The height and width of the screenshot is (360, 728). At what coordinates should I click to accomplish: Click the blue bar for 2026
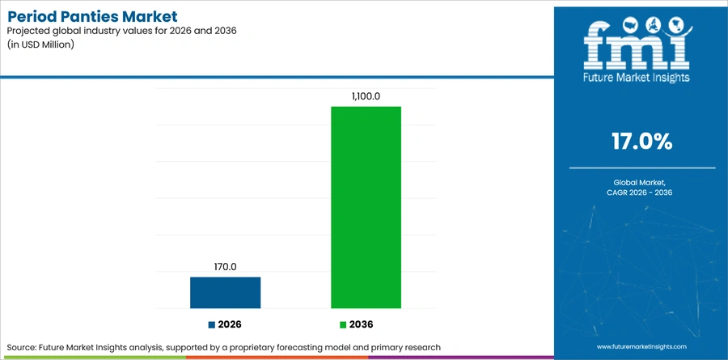point(225,293)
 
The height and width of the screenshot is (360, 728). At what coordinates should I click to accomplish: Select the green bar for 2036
point(366,207)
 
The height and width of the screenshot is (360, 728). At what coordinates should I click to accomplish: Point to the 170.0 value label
point(225,267)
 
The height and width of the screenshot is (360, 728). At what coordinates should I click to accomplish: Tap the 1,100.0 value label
point(366,96)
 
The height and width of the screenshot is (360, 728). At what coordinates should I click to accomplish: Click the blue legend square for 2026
point(212,324)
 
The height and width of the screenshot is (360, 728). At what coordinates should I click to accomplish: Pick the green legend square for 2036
point(343,324)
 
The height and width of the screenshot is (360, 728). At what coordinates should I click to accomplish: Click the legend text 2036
point(362,324)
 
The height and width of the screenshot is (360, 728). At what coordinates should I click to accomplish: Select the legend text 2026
point(230,324)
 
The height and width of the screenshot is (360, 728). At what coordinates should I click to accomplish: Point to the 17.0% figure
point(642,142)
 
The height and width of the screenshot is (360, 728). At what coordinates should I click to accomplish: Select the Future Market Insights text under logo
point(637,78)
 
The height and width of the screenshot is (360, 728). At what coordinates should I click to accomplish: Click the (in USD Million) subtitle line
point(41,45)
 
